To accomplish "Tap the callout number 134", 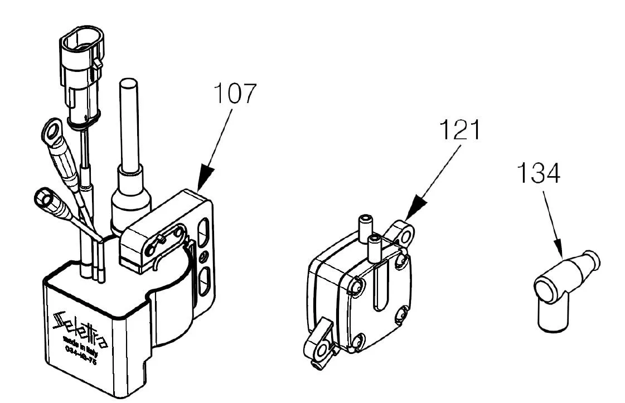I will click(x=538, y=173).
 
